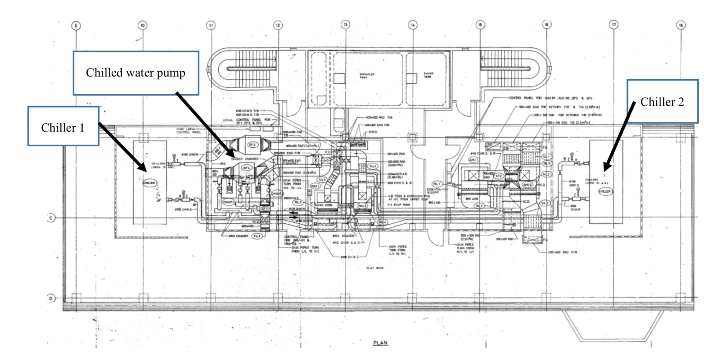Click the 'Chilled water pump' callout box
coord(136,73)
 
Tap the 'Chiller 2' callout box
coord(662,102)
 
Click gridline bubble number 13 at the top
coord(345,25)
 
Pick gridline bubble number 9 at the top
coord(76,26)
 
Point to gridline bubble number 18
coord(680,25)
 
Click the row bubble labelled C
coord(51,218)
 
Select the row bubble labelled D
coord(51,298)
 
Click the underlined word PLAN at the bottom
coord(381,343)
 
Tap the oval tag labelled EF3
coord(252,145)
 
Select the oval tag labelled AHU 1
coord(473,160)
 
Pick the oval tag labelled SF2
coord(499,176)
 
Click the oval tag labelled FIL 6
coord(257,236)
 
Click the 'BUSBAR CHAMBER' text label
coord(245,159)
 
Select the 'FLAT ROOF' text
coord(375,268)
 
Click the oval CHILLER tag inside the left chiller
coord(149,183)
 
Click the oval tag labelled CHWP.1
coord(227,202)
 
